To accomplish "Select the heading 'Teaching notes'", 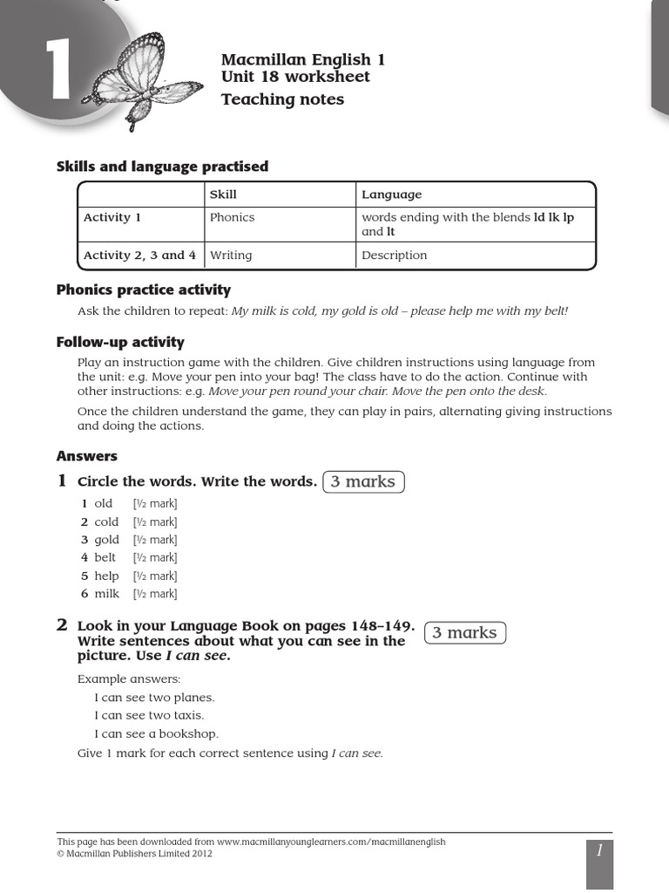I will pos(282,99).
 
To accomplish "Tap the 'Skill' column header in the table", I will pos(223,194).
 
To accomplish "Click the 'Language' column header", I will pos(391,194).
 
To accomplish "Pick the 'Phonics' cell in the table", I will pos(232,217).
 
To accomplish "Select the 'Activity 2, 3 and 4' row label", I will pos(139,256).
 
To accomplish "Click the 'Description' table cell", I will pos(395,256).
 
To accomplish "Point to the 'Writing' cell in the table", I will pos(231,256).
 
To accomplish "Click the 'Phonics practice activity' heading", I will pos(144,290).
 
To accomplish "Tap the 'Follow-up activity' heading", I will pos(120,342).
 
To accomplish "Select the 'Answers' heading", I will pos(87,456).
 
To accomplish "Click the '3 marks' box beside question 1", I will pos(363,481).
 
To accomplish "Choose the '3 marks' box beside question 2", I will pos(464,633).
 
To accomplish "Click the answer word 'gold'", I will pos(106,540).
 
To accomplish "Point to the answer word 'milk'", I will pos(106,594).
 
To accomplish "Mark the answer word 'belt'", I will pos(105,558).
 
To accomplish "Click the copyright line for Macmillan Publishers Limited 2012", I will pos(134,854).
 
